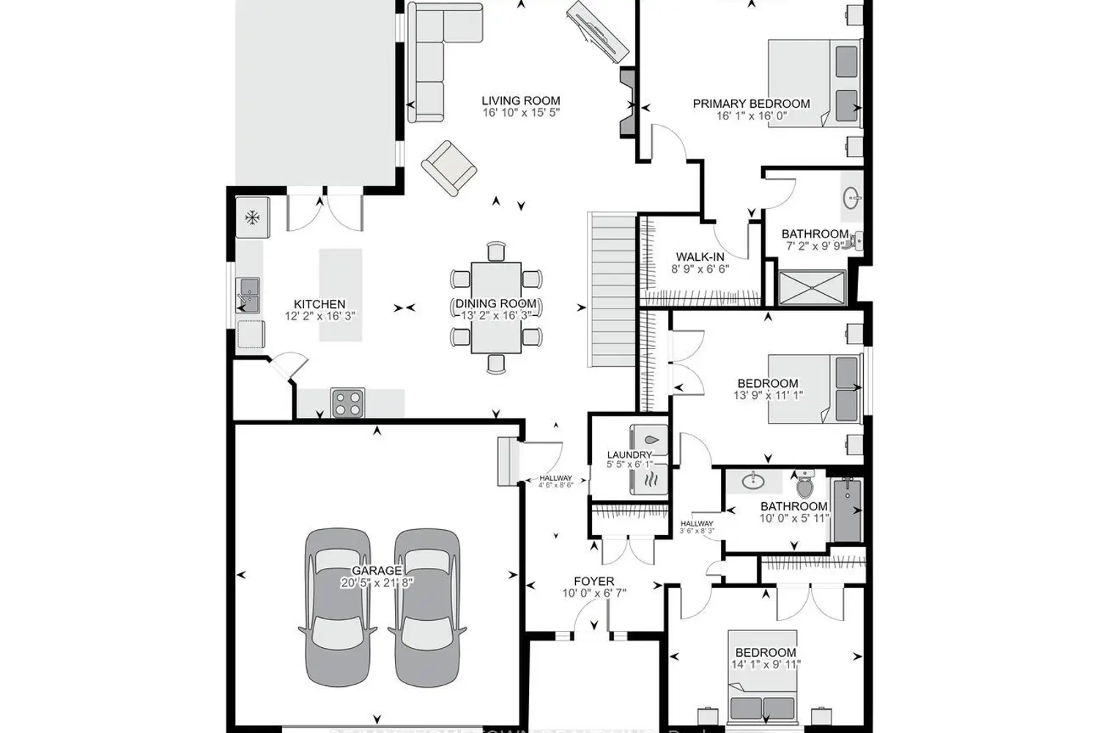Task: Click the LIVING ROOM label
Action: [x=520, y=101]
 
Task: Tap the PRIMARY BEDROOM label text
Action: [x=751, y=104]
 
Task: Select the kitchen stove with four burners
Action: [x=348, y=402]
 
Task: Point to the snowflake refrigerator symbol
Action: [x=252, y=217]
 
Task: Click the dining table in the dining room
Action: [x=496, y=308]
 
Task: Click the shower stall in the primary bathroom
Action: [x=812, y=287]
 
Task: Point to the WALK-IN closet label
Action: [x=700, y=257]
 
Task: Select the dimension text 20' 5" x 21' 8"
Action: [x=377, y=583]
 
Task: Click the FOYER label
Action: [x=593, y=581]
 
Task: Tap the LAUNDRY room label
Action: [x=629, y=455]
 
